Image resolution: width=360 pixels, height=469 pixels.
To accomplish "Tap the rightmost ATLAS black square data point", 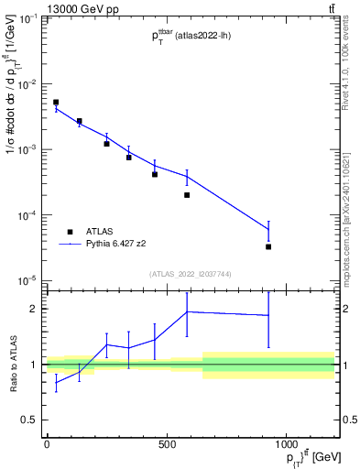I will tap(268, 246).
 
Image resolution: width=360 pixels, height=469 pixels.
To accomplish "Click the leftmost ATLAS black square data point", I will tap(56, 103).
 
